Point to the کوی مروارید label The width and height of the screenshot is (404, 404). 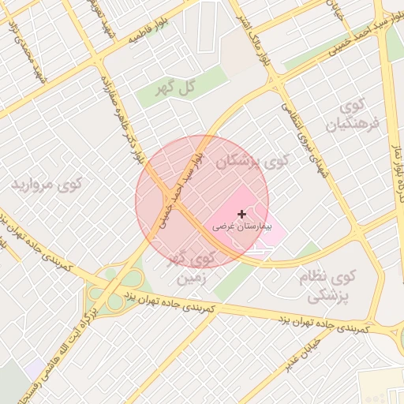[x=47, y=185]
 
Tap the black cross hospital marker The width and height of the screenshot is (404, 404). [x=241, y=214]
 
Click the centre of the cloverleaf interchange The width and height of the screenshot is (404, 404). [x=114, y=288]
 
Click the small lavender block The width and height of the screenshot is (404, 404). [x=35, y=368]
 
